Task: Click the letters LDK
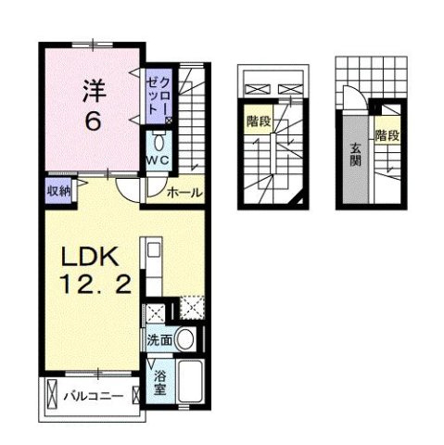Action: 83,255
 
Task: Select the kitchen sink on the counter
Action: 153,250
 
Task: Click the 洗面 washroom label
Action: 159,339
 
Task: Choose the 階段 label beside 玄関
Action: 387,137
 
